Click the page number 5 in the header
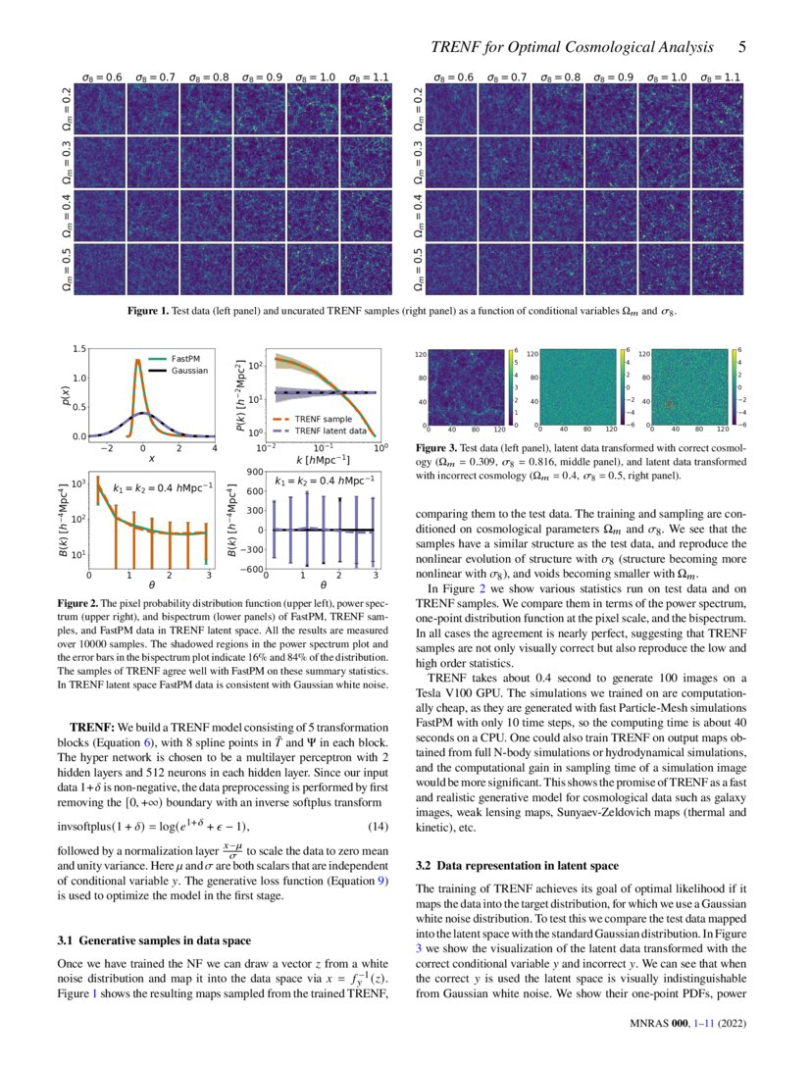point(742,47)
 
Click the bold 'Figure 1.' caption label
point(149,311)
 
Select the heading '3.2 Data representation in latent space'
point(517,866)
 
